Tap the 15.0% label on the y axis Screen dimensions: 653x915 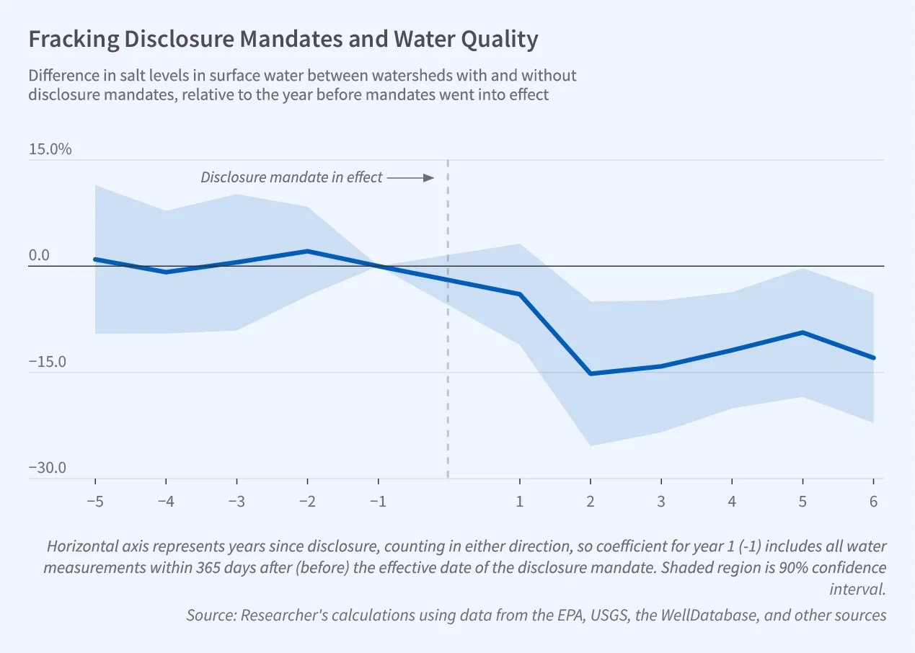50,150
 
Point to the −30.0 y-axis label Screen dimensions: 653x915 47,468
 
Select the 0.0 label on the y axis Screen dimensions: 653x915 39,256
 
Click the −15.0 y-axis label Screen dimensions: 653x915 47,362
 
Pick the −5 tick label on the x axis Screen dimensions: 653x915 95,502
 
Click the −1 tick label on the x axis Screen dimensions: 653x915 378,502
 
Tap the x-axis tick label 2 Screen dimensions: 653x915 591,502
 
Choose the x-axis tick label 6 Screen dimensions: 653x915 873,502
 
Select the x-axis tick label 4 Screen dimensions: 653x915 732,502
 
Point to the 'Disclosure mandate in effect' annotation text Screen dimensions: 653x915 291,177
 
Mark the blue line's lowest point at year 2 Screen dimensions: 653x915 591,373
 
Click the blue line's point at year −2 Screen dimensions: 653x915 308,251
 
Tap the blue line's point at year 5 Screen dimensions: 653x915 803,332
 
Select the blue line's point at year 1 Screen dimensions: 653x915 520,294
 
